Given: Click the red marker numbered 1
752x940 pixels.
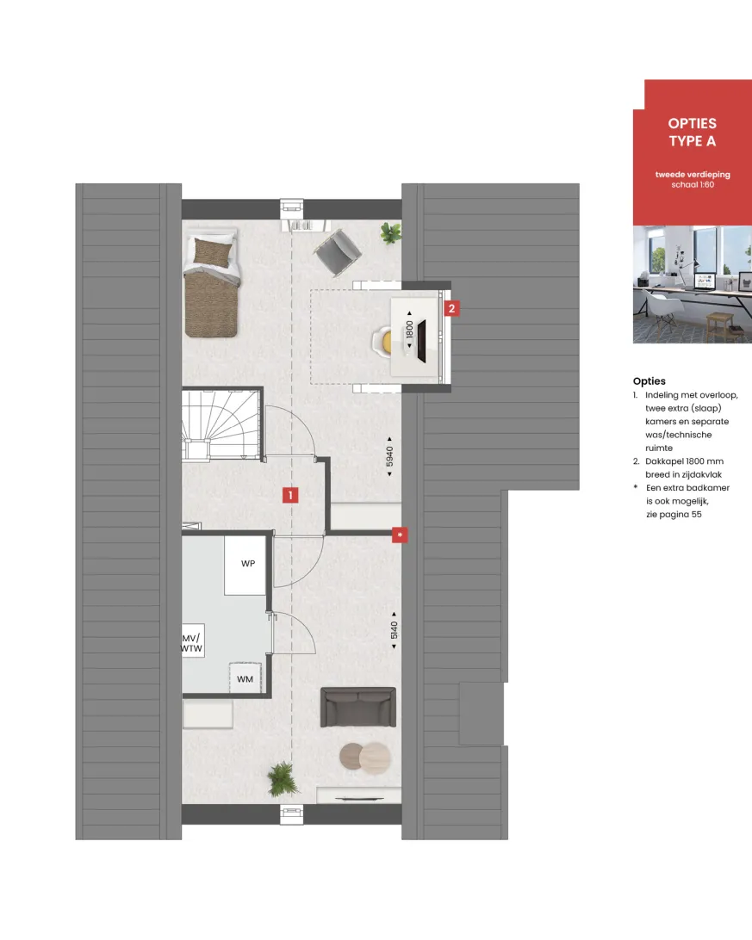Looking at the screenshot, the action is [290, 495].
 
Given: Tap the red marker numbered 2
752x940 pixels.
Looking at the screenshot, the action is [451, 309].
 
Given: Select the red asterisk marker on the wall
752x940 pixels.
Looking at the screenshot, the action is [400, 535].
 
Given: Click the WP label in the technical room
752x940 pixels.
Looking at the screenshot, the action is [248, 564].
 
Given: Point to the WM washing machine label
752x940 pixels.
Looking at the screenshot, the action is [245, 679].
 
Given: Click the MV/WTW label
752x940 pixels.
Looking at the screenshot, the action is [192, 643].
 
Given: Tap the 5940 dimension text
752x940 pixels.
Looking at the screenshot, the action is [390, 456].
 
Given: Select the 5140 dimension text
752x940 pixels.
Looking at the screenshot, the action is [394, 630].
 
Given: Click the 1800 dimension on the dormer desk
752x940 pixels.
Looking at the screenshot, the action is [409, 330].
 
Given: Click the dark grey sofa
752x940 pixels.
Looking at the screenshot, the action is [358, 708].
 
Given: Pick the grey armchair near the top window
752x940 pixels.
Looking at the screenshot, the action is [338, 252].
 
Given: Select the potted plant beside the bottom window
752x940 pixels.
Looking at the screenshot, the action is [283, 779].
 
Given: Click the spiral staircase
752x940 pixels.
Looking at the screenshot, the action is [222, 424].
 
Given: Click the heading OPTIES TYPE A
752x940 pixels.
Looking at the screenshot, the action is [693, 133].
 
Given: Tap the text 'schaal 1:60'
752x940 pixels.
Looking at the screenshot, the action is [693, 184].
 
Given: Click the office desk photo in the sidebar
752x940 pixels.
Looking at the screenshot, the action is [693, 285].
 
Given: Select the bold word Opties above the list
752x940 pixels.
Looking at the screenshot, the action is [649, 381].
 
